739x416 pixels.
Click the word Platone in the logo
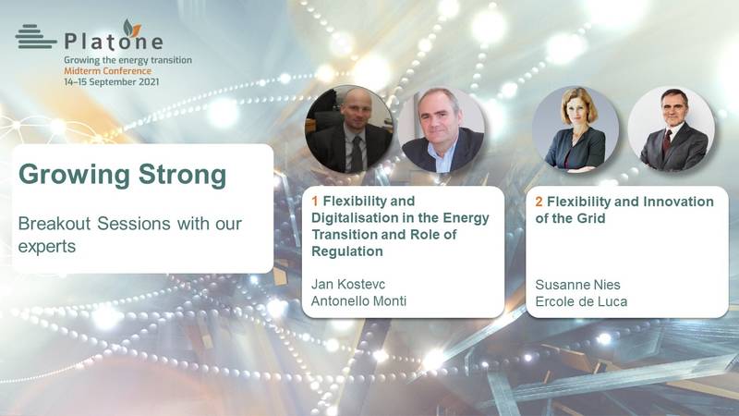click(114, 42)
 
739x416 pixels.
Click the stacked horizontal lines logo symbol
click(35, 36)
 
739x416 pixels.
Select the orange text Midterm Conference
click(108, 71)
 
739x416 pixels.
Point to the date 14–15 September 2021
click(111, 81)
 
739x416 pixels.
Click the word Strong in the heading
click(182, 175)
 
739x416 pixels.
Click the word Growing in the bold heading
click(75, 176)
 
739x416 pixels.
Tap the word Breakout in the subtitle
click(55, 223)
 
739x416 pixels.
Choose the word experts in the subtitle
click(47, 247)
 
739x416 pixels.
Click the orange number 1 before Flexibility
click(315, 202)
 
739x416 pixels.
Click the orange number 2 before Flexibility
click(539, 202)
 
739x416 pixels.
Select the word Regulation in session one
click(347, 251)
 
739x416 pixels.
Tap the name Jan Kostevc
click(348, 285)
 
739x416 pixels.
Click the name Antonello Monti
click(358, 301)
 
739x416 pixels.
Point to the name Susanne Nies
click(578, 285)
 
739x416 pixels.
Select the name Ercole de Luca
click(581, 301)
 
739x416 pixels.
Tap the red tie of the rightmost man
click(666, 143)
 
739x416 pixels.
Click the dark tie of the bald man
click(357, 153)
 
